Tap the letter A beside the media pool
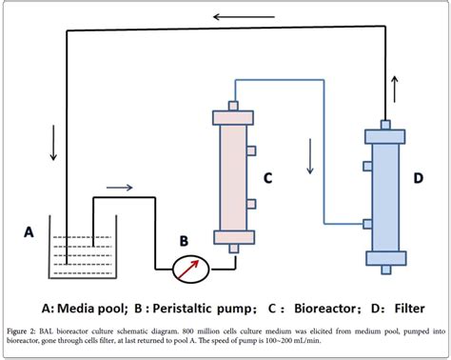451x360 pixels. tap(29, 230)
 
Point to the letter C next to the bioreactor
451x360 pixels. tap(268, 176)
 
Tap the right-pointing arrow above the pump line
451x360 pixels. tap(119, 188)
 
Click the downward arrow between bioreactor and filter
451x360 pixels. tap(309, 157)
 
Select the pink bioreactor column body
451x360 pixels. tap(233, 176)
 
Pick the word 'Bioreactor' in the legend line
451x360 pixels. tap(317, 308)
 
